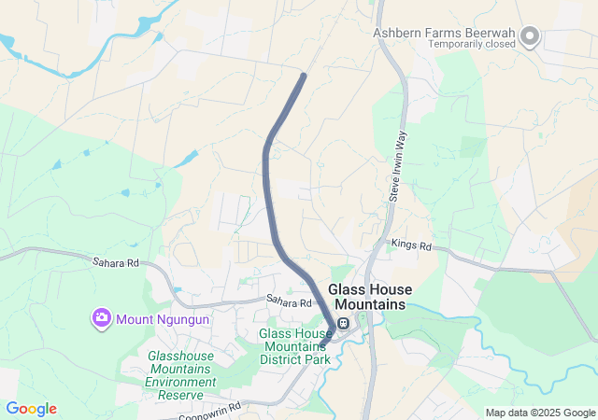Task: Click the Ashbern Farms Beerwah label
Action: point(445,32)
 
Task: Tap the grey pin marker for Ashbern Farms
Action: point(530,37)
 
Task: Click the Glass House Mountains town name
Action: point(370,297)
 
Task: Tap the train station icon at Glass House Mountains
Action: point(344,324)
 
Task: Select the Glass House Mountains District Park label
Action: point(295,346)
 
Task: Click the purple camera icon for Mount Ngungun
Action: point(101,319)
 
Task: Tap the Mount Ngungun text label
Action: point(163,319)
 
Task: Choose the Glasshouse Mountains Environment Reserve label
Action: point(180,369)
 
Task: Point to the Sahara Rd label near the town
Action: point(288,302)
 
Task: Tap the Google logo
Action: point(31,409)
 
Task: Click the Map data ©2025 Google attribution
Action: point(540,413)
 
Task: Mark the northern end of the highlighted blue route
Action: point(304,76)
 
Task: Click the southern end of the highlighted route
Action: point(322,345)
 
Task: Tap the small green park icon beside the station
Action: point(362,324)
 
